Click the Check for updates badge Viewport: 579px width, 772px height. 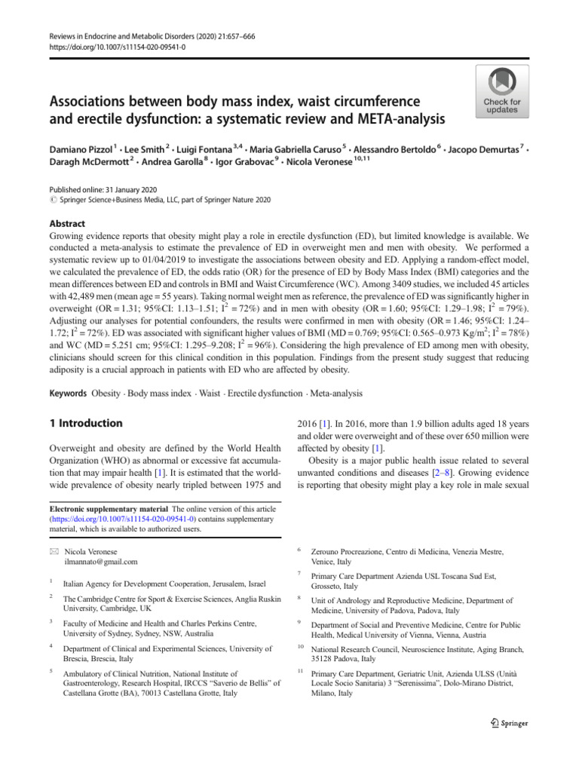tap(501, 91)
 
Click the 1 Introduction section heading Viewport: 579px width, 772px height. tap(87, 424)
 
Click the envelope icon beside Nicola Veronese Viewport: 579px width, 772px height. tap(53, 551)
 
